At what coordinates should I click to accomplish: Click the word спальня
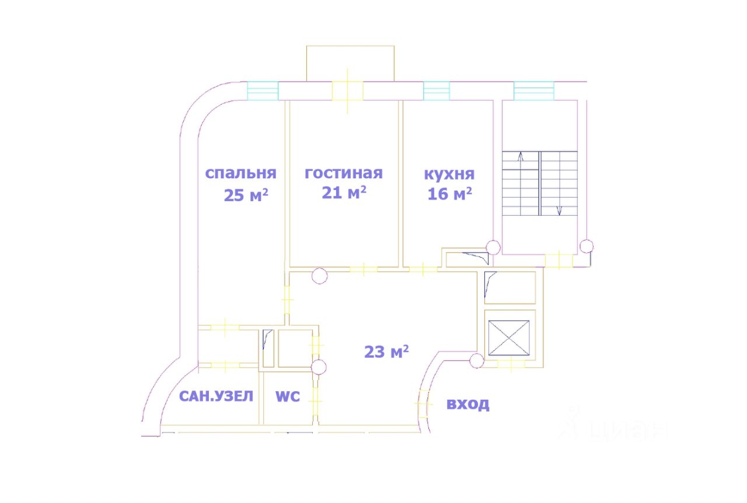click(240, 174)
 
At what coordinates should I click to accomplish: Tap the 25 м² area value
click(246, 195)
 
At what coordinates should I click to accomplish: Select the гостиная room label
click(344, 173)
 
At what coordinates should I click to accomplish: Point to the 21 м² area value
click(344, 193)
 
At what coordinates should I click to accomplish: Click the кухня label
click(449, 174)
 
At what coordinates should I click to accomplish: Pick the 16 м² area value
click(449, 194)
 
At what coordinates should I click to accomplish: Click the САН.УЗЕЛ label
click(216, 397)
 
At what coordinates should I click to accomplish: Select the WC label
click(287, 397)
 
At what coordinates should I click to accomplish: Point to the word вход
click(467, 404)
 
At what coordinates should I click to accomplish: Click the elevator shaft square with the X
click(509, 337)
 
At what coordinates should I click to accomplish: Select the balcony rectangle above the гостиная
click(350, 63)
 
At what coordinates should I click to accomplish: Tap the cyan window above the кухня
click(437, 91)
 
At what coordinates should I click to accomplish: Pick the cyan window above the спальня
click(263, 91)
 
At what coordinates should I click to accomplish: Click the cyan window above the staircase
click(533, 91)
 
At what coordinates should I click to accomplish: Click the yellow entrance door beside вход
click(423, 402)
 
